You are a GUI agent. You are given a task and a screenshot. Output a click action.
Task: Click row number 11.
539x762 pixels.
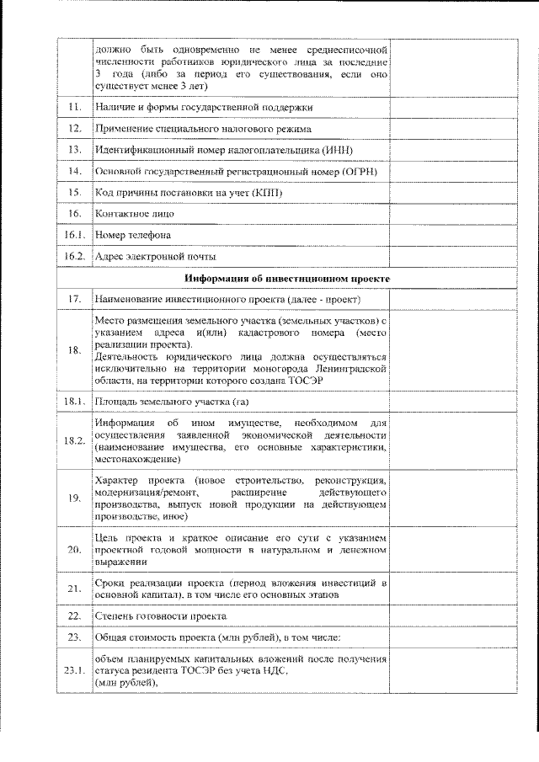(74, 108)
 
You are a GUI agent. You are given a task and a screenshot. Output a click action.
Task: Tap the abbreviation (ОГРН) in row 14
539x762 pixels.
(356, 172)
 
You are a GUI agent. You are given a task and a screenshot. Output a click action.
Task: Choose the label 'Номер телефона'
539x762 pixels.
(133, 235)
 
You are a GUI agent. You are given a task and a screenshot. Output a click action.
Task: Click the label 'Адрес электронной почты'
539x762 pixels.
(156, 256)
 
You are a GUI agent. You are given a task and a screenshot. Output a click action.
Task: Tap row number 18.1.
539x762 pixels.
(74, 401)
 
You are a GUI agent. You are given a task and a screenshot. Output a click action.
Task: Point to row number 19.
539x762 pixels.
(74, 498)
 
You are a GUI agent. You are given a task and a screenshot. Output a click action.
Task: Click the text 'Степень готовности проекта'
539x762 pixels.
(160, 615)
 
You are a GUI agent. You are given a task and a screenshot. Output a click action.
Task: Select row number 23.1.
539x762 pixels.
(74, 670)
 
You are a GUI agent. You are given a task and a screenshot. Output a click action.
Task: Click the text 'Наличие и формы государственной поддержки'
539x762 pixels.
(204, 108)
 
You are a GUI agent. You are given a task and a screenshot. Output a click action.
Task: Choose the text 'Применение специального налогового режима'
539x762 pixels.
(203, 129)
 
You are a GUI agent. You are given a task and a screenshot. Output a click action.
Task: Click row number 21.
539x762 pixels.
(74, 588)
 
